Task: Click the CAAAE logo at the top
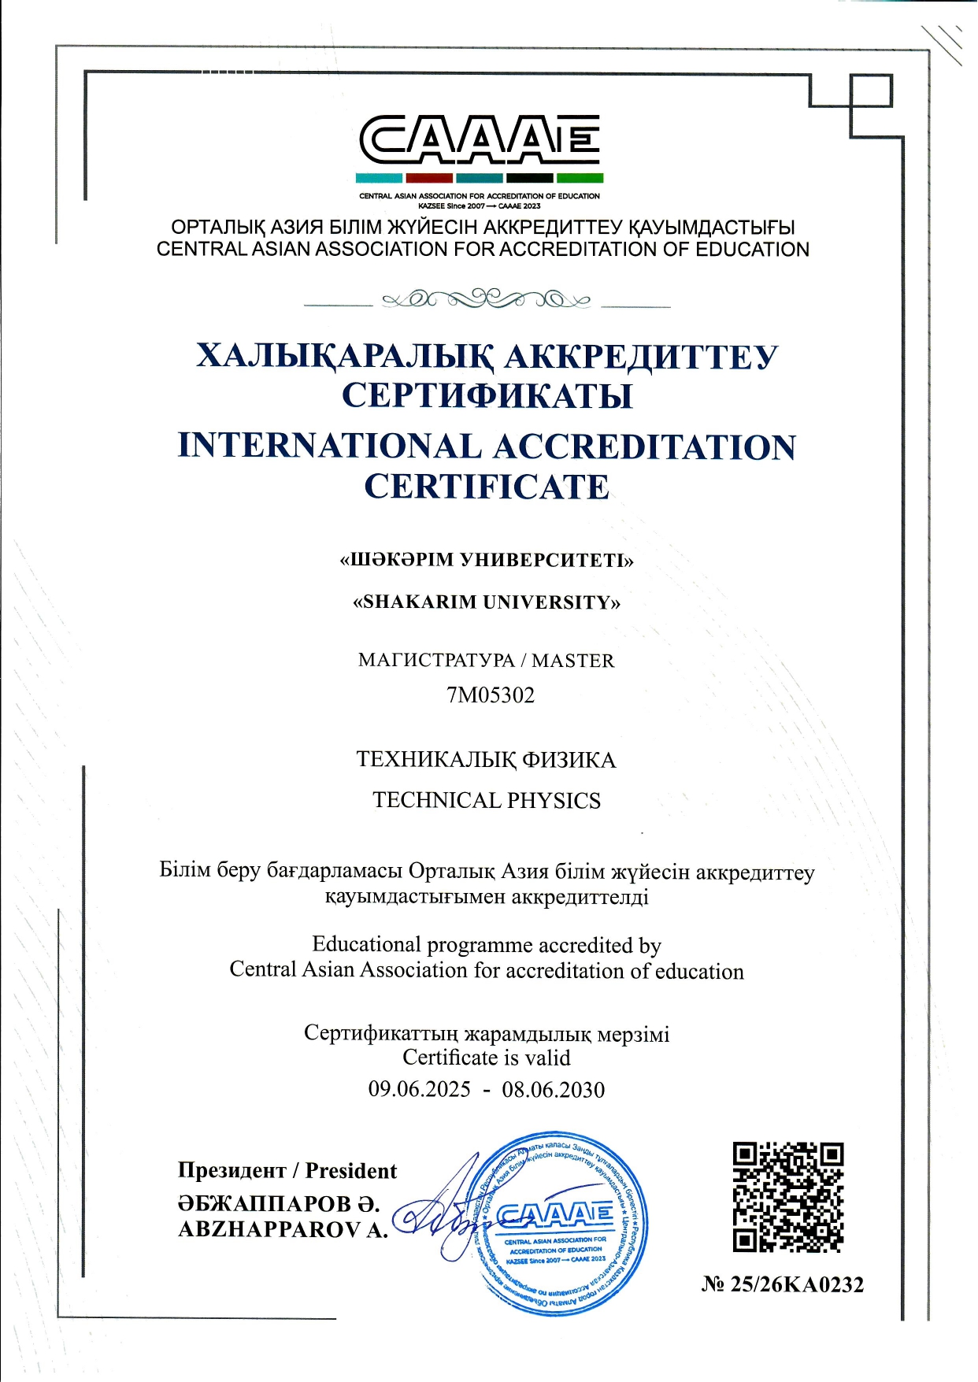click(x=480, y=139)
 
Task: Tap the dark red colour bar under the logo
click(x=429, y=179)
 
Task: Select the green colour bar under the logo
click(x=580, y=179)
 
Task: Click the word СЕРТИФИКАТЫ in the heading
click(x=487, y=395)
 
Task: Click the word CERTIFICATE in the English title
click(x=487, y=487)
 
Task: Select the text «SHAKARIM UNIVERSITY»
click(x=487, y=602)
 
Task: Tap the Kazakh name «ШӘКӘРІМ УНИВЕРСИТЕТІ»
click(x=487, y=561)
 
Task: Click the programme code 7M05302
click(x=490, y=695)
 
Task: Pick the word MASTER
click(x=573, y=661)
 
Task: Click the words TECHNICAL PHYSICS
click(x=487, y=801)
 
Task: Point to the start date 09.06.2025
click(x=419, y=1090)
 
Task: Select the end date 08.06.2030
click(x=554, y=1090)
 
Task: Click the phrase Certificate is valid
click(x=486, y=1058)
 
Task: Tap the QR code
click(x=788, y=1197)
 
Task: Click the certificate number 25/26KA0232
click(x=796, y=1284)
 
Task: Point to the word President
click(x=351, y=1171)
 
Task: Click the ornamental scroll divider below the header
click(x=486, y=299)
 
